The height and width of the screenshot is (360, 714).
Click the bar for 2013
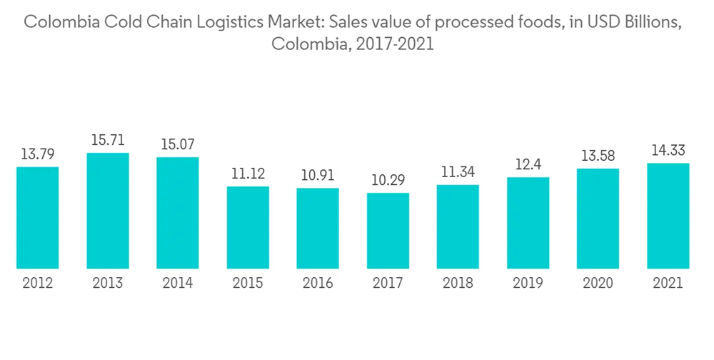coord(108,211)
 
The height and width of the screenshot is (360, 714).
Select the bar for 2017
coord(388,231)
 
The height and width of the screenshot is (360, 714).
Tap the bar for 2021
coord(668,216)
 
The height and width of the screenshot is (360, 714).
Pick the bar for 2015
coord(248,227)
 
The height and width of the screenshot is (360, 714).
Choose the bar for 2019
coord(528,223)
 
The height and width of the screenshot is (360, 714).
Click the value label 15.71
coord(108,141)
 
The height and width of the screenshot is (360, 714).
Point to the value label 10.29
coord(388,180)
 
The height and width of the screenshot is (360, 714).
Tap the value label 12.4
coord(528,164)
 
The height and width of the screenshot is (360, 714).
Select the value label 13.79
coord(38,154)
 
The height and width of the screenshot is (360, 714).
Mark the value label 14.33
coord(668,151)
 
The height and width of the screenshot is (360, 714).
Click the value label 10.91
coord(318,176)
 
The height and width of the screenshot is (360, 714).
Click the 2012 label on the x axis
coord(38,284)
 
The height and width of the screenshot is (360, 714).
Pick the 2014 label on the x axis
coord(178,284)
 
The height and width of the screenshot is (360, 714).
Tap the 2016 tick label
coord(318,284)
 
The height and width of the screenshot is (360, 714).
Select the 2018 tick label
coord(458,284)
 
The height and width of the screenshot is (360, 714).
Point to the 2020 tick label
coord(598,284)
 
